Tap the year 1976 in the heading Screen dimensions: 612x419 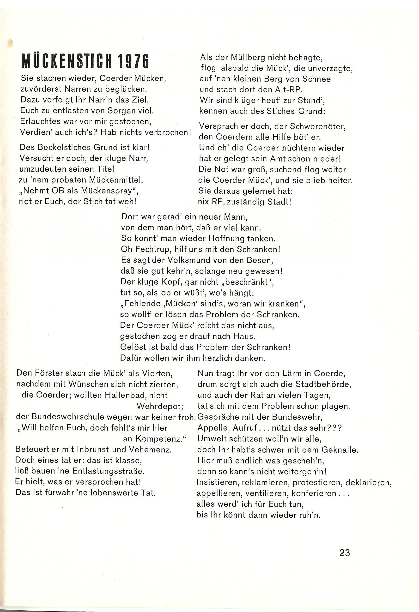pyautogui.click(x=134, y=61)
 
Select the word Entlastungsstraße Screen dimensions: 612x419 pyautogui.click(x=108, y=471)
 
